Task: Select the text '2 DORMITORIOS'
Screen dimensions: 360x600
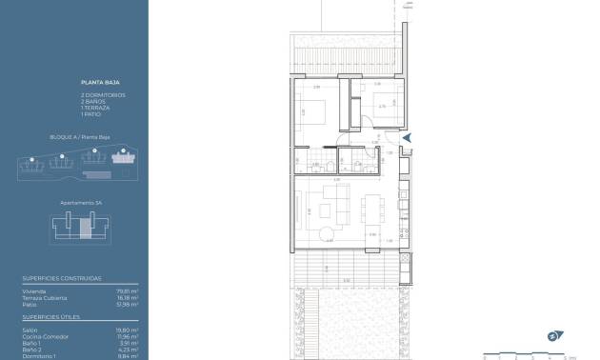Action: coord(102,95)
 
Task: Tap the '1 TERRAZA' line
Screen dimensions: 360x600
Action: coord(95,108)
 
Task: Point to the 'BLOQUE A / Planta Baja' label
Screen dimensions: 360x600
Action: coord(74,137)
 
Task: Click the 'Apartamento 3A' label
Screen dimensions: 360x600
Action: coord(74,203)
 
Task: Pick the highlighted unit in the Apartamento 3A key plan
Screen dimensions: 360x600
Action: coord(85,227)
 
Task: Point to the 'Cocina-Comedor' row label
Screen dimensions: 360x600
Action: coord(38,336)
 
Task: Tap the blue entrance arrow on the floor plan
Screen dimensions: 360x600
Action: coord(408,139)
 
